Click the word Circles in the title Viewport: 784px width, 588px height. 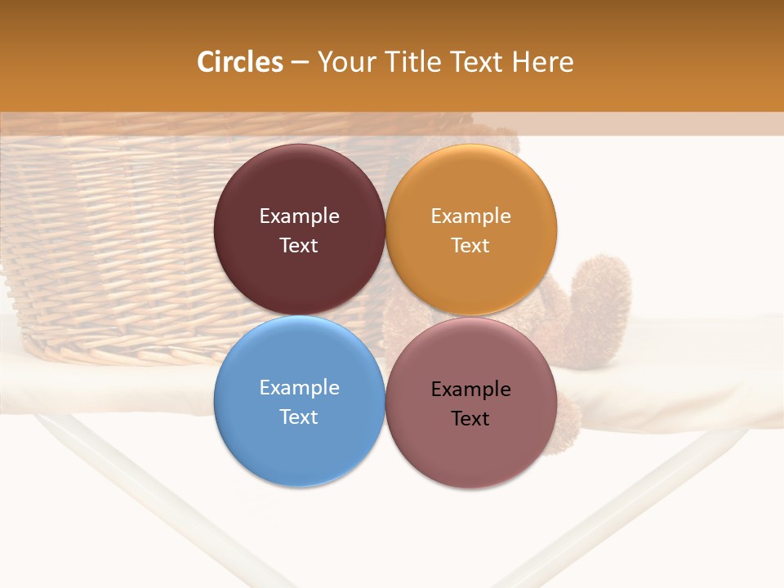coord(240,62)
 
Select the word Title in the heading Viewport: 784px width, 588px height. coord(413,62)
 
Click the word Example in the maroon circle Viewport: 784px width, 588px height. coord(299,216)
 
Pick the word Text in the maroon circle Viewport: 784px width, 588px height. coord(299,246)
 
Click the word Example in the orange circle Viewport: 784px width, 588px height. coord(471,216)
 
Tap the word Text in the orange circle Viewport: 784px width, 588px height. coord(471,246)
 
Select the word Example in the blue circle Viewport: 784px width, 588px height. coord(299,388)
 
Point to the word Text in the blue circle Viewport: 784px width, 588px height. coord(299,417)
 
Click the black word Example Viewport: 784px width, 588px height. coord(471,390)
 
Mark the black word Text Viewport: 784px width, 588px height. coord(471,419)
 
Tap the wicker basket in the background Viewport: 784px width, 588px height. coord(122,245)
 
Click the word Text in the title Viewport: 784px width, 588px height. coord(476,62)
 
